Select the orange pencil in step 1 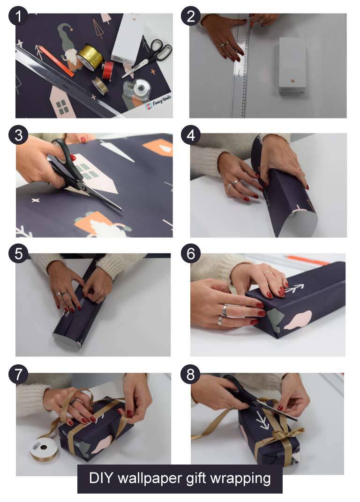pos(56,61)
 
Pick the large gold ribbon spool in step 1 pos(90,57)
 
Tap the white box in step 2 pos(292,65)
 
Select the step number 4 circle pos(190,135)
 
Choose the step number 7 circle pos(18,376)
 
